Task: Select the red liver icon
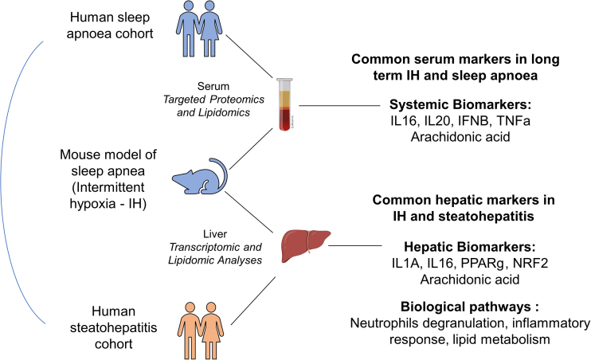(305, 243)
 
